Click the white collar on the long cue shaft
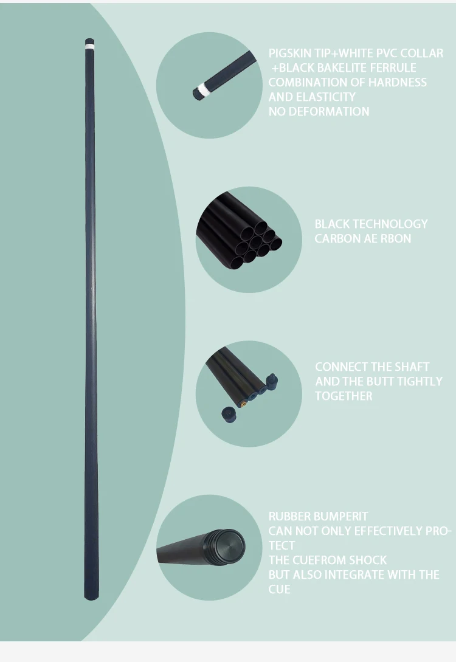89,44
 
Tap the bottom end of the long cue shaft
91,599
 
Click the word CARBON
335,238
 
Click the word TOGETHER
344,396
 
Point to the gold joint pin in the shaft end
243,405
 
